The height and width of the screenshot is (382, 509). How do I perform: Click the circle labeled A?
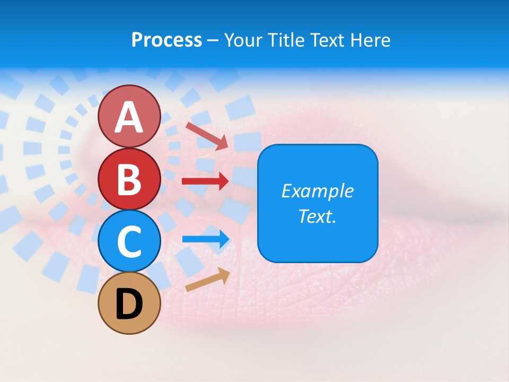tap(129, 116)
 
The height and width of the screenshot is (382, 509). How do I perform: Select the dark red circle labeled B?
tap(129, 179)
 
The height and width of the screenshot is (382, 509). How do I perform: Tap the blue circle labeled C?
tap(129, 241)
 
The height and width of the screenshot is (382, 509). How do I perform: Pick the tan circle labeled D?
tap(129, 303)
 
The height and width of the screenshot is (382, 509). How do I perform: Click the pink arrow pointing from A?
tap(207, 136)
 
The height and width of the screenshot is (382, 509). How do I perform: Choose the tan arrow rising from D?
tap(207, 280)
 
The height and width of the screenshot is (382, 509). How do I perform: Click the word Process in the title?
tap(166, 40)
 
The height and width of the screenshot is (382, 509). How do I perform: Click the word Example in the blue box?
tap(317, 191)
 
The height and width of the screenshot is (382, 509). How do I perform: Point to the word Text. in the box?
tap(317, 216)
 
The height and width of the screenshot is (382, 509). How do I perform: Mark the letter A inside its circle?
tap(129, 117)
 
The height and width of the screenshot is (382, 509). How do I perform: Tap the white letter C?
tap(129, 241)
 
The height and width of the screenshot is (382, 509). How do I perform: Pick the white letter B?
tap(129, 179)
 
